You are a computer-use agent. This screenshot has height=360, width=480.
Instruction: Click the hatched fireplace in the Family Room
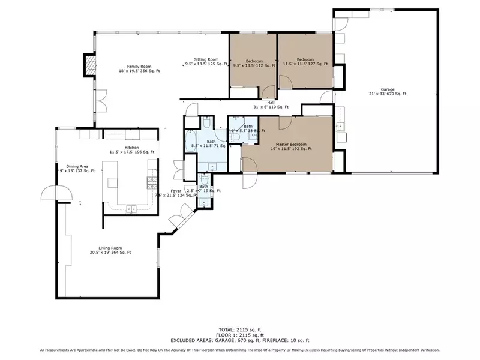point(89,65)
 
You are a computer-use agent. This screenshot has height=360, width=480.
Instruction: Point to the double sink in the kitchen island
point(131,208)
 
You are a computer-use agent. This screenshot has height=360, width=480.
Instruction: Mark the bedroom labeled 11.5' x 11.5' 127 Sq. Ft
point(305,62)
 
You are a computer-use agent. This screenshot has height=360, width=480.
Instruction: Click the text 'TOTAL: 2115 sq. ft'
point(240,330)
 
